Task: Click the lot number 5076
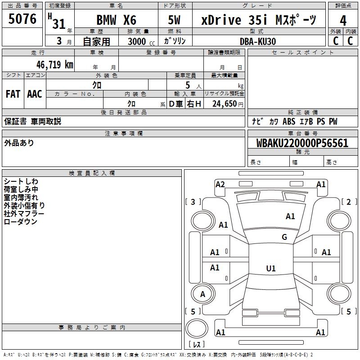[22, 19]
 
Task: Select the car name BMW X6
[116, 20]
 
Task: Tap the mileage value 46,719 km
[54, 65]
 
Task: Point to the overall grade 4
[343, 21]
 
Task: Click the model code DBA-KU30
[258, 41]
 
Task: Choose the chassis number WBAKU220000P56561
[302, 143]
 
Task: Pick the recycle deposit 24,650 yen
[228, 104]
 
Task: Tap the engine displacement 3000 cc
[141, 41]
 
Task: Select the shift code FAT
[13, 94]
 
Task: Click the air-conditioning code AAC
[35, 94]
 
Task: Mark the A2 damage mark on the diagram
[220, 184]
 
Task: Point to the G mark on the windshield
[284, 237]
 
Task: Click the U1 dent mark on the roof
[271, 268]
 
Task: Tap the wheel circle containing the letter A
[203, 294]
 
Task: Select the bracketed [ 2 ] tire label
[349, 202]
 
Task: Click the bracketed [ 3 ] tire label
[193, 202]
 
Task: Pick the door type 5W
[174, 20]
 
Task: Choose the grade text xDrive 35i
[234, 20]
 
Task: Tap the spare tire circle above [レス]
[197, 328]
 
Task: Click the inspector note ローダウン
[20, 221]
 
